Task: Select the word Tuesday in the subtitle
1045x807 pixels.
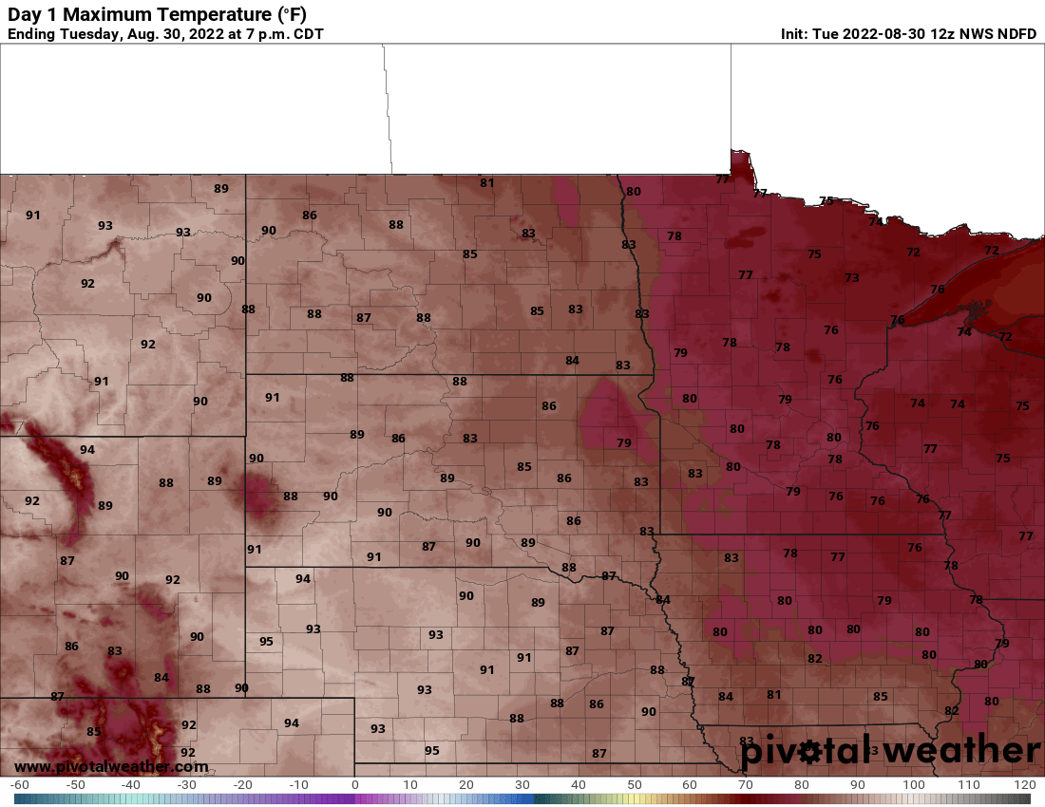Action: (x=88, y=34)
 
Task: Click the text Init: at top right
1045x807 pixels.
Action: (x=795, y=34)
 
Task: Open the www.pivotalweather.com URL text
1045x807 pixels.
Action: (x=111, y=766)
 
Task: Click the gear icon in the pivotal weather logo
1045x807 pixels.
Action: (x=809, y=753)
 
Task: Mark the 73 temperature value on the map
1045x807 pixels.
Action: (x=851, y=277)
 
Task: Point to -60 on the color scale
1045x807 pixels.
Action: (x=19, y=785)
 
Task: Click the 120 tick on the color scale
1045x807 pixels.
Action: (x=1024, y=785)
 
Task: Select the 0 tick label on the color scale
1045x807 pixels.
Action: (x=354, y=785)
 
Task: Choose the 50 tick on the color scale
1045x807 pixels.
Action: (x=634, y=785)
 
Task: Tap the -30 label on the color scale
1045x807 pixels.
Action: (x=186, y=785)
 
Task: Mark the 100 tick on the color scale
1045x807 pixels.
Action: (x=913, y=785)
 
